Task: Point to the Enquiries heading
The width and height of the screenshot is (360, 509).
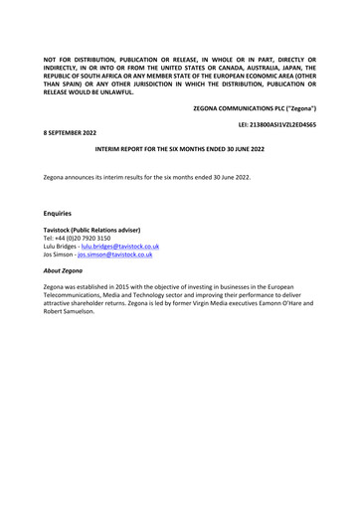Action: [x=59, y=213]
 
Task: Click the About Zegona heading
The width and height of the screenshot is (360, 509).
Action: [x=64, y=270]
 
